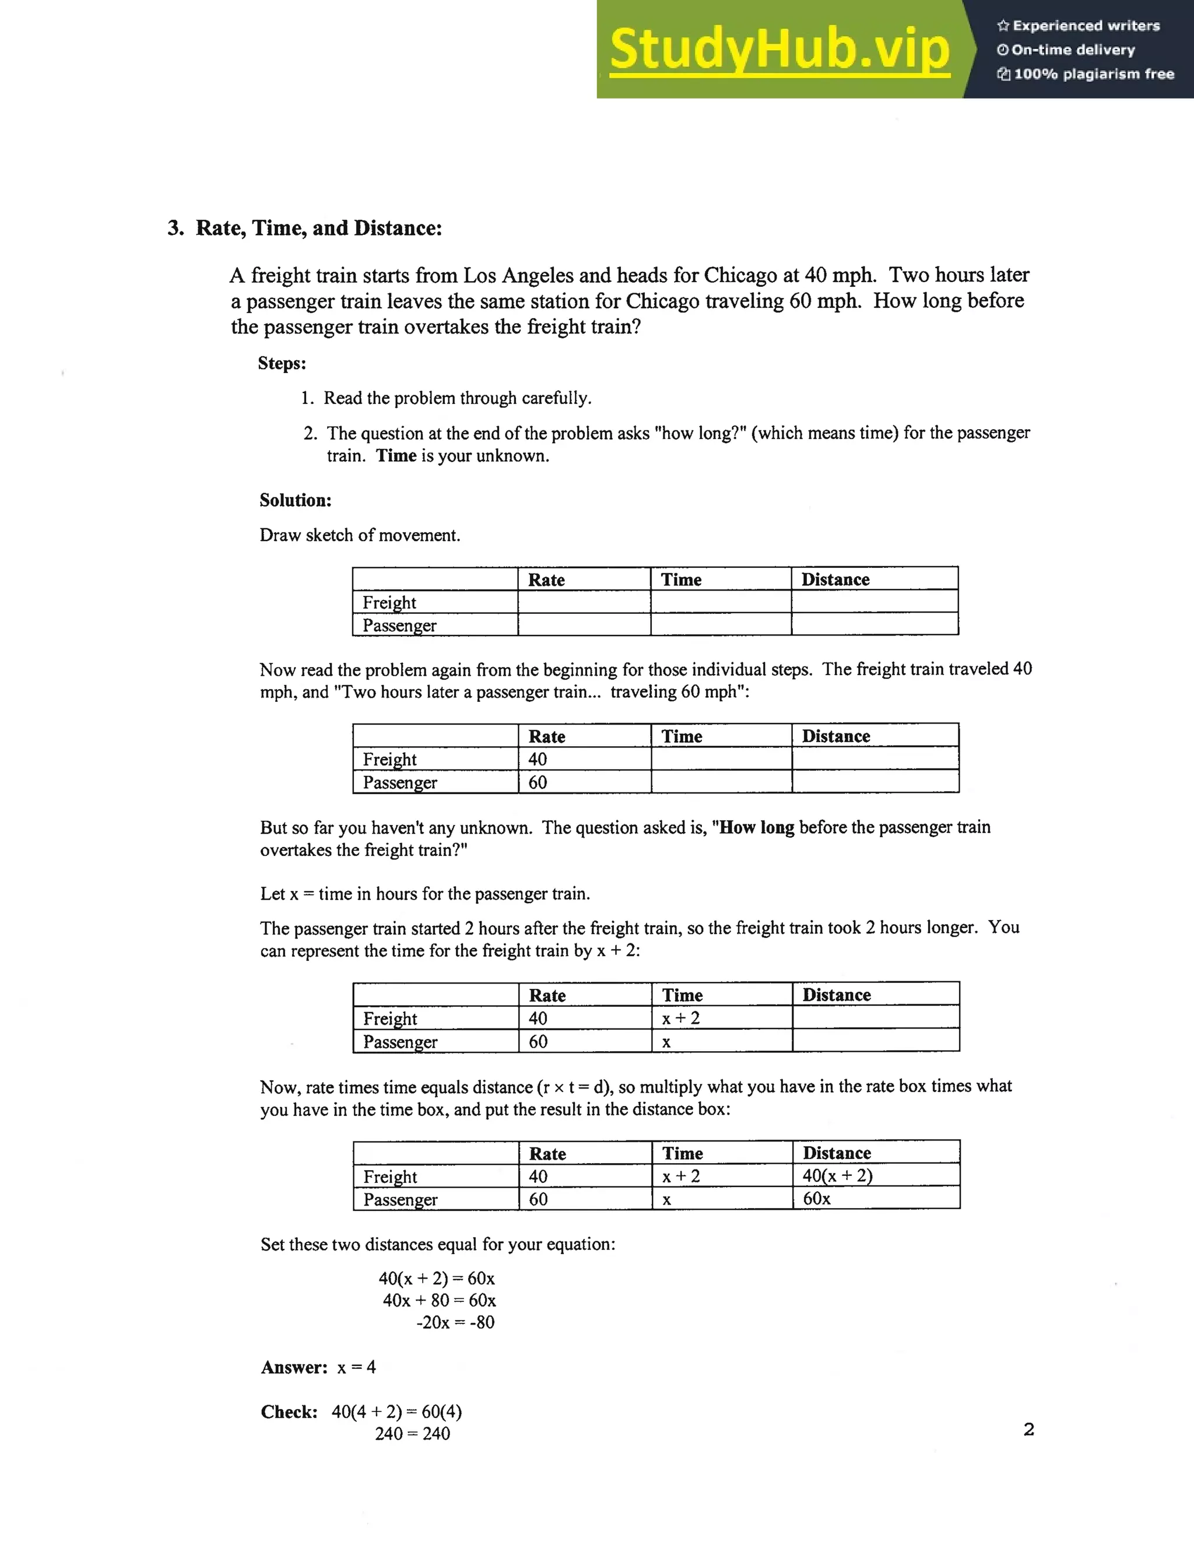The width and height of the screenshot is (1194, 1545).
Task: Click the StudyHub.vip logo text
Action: click(x=779, y=50)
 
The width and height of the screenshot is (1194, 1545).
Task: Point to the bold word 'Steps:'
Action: click(x=282, y=364)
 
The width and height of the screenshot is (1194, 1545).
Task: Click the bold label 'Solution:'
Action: click(x=295, y=500)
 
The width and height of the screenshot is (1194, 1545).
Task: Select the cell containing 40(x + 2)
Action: click(x=838, y=1176)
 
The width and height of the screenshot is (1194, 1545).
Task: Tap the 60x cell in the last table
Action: click(x=817, y=1198)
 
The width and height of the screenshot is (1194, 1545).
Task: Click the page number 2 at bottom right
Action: click(x=1028, y=1430)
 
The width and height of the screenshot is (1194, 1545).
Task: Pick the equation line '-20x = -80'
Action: click(x=455, y=1322)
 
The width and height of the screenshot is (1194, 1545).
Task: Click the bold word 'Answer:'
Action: click(x=294, y=1367)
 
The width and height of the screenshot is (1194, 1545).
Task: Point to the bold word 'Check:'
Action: click(x=289, y=1412)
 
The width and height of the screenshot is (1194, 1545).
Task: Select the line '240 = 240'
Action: click(x=412, y=1434)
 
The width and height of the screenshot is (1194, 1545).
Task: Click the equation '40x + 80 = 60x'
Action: click(x=439, y=1300)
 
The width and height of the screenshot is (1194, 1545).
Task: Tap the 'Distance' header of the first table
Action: click(x=835, y=580)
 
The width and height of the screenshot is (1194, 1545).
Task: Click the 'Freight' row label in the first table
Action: click(x=389, y=603)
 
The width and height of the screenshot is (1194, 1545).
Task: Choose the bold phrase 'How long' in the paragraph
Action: click(x=756, y=828)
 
